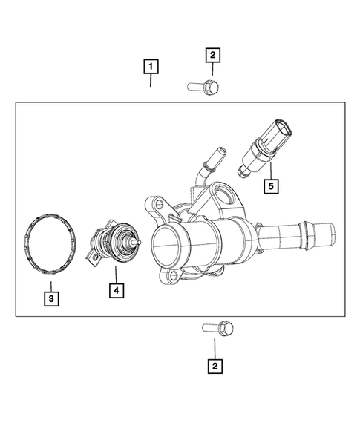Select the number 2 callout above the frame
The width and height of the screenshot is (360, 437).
tap(212, 54)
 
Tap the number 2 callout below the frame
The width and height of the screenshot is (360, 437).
tap(214, 366)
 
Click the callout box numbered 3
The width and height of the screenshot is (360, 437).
tap(50, 299)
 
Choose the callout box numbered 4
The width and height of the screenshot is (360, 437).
tap(116, 290)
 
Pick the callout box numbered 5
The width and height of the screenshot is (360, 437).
tap(272, 185)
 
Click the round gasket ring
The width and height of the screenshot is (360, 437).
tap(50, 243)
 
